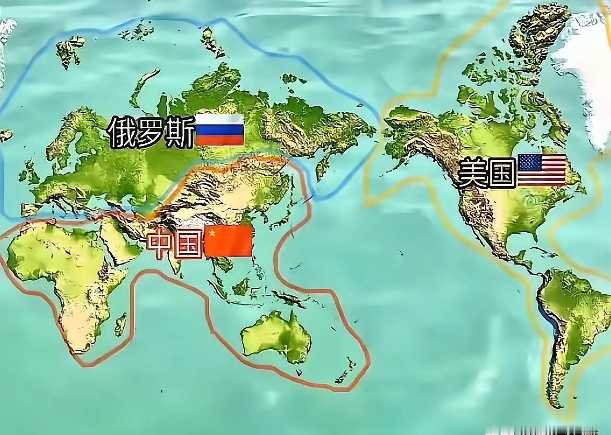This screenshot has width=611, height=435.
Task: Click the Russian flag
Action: pos(219,130)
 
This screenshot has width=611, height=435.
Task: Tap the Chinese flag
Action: pos(229,241)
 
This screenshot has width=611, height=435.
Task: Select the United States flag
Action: pos(542,169)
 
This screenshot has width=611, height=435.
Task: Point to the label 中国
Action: pos(174,245)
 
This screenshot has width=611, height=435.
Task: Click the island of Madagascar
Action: pos(121,324)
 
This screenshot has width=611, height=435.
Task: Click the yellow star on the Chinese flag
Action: pos(212,234)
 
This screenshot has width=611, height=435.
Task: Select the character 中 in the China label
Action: pos(159,245)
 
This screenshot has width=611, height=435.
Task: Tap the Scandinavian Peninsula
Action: pos(78,131)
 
